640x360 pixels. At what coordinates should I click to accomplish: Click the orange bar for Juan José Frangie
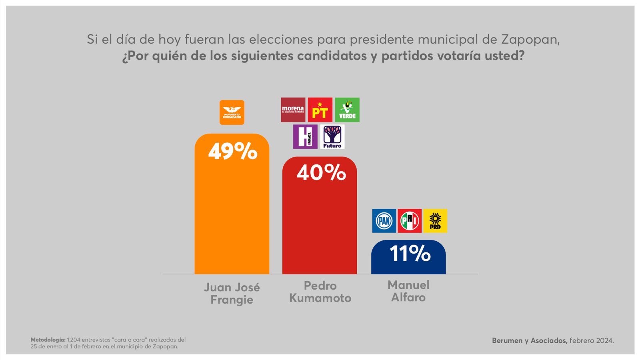point(232,216)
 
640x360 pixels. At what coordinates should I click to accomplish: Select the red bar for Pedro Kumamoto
point(319,228)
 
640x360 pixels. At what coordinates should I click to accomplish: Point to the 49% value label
point(232,151)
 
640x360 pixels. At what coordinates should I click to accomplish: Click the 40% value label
point(321,172)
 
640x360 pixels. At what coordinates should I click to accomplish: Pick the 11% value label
point(410,253)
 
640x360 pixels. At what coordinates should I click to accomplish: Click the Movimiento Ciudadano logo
point(232,112)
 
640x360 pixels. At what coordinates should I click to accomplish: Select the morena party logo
point(293,110)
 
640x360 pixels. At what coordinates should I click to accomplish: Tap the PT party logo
point(320,110)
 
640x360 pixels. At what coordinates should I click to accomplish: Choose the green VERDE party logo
point(347,110)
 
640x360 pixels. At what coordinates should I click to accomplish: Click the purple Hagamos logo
point(305,136)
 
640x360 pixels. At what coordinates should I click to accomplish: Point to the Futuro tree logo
point(332,136)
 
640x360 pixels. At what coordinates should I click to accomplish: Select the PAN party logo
point(384,221)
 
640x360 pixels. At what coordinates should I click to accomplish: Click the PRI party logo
point(409,221)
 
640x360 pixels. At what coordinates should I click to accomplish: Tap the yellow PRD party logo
point(435,221)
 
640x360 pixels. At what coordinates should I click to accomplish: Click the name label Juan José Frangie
point(232,293)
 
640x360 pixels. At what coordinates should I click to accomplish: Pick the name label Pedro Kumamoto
point(320,292)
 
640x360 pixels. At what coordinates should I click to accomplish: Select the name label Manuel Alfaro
point(408,291)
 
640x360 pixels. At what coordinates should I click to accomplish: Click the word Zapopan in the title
point(529,39)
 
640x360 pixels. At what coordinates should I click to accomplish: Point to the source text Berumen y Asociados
point(529,340)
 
